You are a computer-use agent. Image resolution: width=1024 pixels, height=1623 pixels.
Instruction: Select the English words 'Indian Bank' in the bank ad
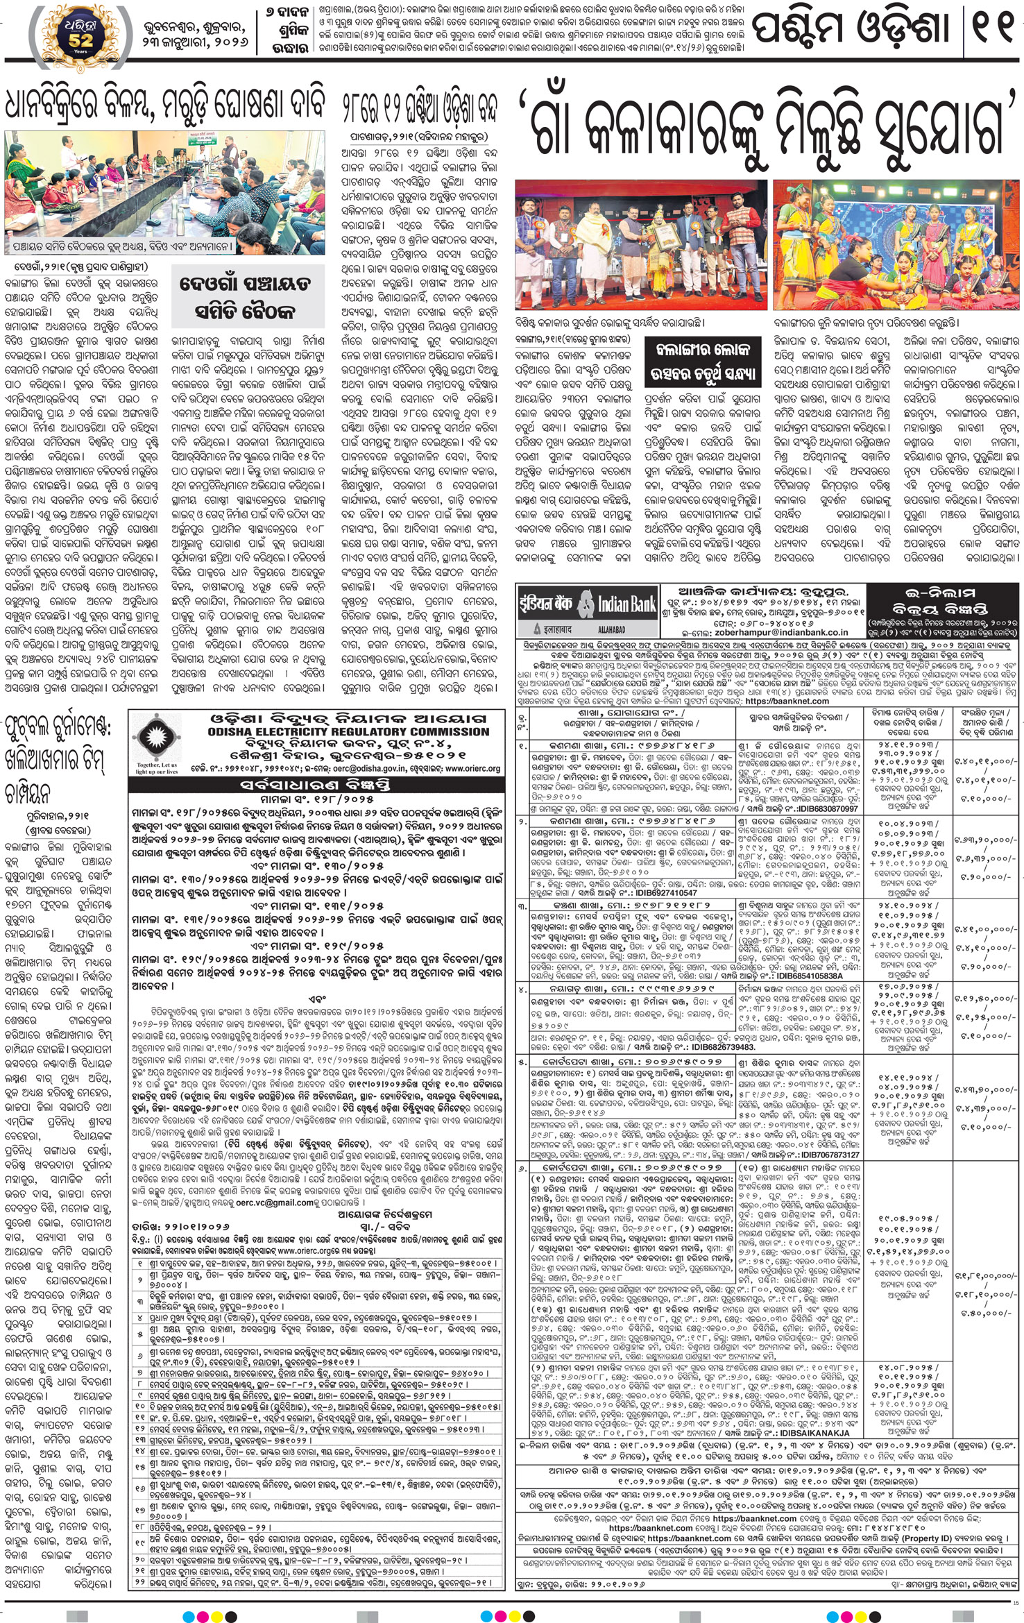click(626, 604)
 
